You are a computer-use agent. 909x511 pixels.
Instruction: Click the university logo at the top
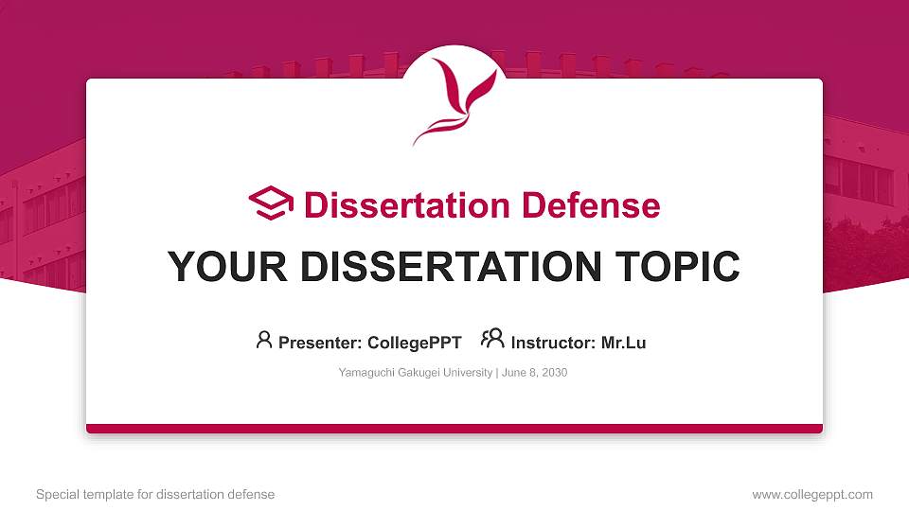click(454, 100)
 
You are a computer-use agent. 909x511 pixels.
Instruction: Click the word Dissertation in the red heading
click(406, 205)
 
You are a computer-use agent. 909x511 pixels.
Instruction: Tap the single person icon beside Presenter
click(264, 340)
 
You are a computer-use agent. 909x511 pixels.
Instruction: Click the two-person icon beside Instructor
click(492, 339)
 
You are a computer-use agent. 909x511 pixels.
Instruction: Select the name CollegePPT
click(414, 343)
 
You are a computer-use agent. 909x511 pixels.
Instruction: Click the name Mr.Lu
click(623, 343)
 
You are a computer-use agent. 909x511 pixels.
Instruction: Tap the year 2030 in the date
click(553, 373)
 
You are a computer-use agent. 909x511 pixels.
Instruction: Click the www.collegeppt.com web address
click(812, 494)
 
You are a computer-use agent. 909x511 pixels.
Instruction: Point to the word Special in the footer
click(57, 494)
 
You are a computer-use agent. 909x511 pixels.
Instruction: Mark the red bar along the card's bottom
click(454, 429)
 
